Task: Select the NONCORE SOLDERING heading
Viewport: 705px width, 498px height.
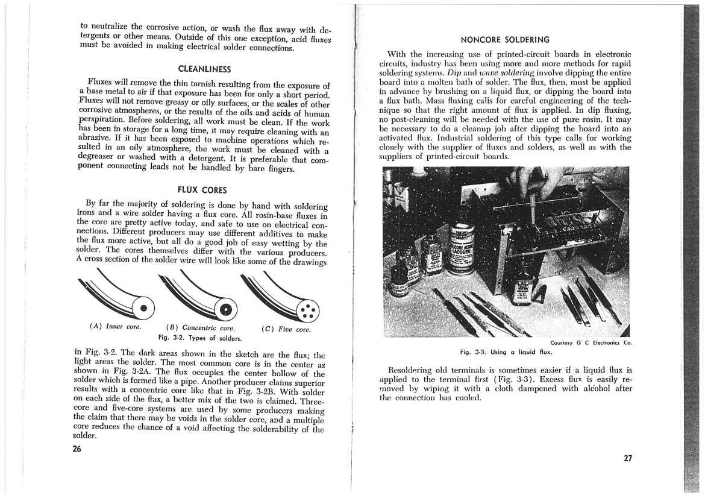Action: point(504,40)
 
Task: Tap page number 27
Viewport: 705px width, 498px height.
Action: point(628,458)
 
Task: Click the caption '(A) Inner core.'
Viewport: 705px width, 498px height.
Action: point(115,327)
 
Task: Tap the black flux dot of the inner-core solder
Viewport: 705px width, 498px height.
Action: point(143,309)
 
